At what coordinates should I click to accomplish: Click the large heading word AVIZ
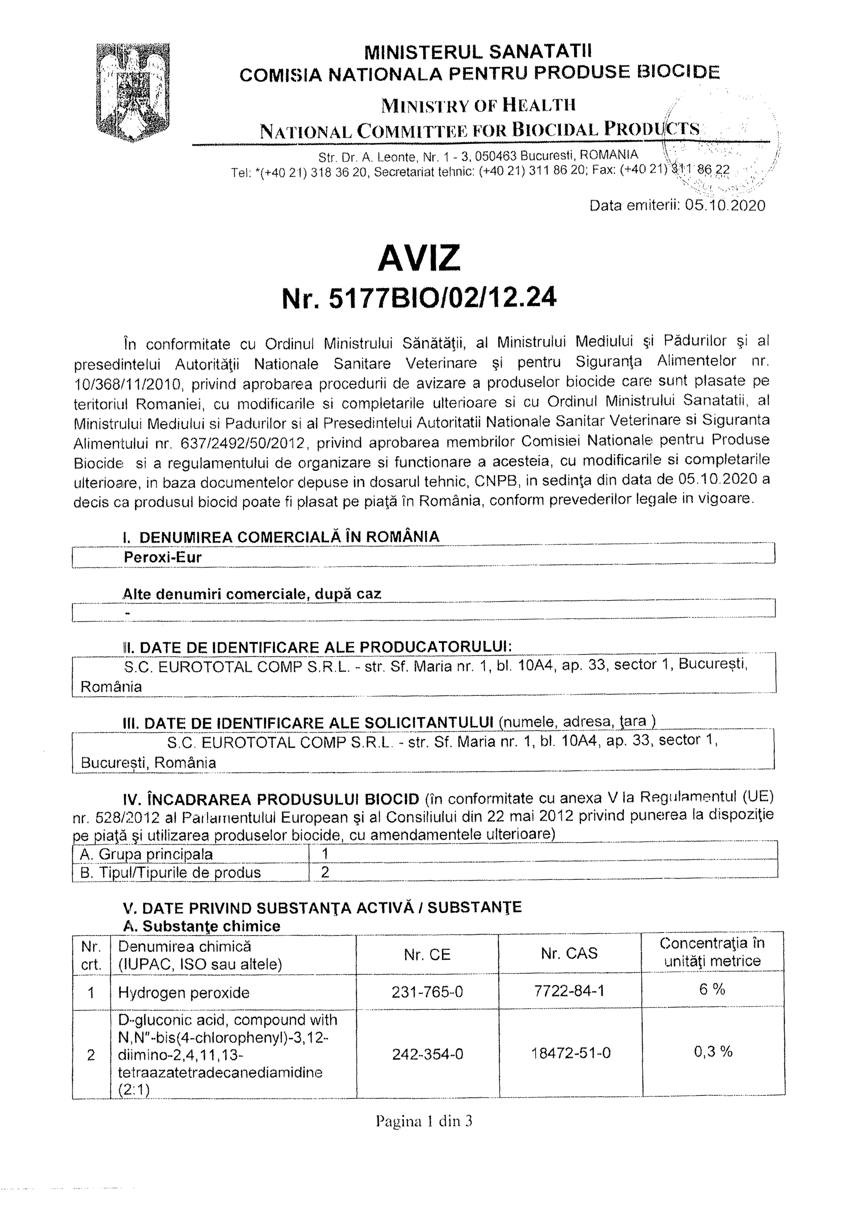click(x=419, y=257)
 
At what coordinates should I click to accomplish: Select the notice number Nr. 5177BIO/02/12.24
click(x=419, y=299)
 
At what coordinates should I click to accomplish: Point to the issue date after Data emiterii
click(x=725, y=205)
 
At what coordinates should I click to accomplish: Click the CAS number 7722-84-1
click(x=569, y=991)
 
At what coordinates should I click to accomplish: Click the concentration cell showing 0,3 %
click(x=713, y=1052)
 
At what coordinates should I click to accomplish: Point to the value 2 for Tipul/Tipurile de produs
click(x=325, y=872)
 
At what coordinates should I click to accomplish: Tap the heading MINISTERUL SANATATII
click(x=478, y=51)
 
